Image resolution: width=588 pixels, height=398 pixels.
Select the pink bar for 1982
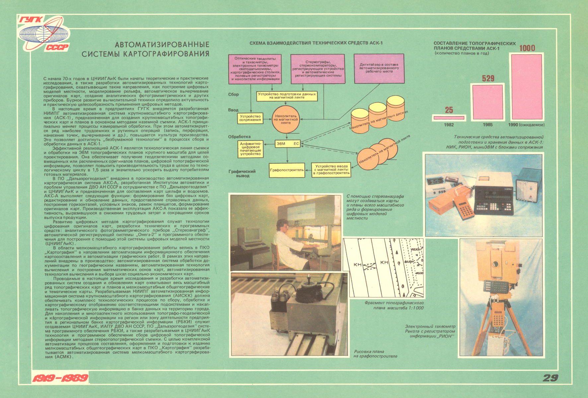pyautogui.click(x=449, y=118)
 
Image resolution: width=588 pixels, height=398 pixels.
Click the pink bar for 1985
pyautogui.click(x=487, y=102)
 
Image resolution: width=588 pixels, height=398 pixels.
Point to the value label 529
pyautogui.click(x=488, y=79)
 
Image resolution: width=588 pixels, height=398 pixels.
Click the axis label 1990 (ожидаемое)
pyautogui.click(x=526, y=125)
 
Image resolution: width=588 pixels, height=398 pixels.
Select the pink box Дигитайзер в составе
pyautogui.click(x=379, y=69)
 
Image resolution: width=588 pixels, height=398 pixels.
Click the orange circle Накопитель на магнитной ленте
pyautogui.click(x=286, y=119)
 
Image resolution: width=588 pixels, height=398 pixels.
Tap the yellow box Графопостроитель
pyautogui.click(x=287, y=170)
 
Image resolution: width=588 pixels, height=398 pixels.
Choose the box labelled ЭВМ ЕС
pyautogui.click(x=288, y=144)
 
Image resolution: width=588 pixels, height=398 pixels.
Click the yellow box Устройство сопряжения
pyautogui.click(x=250, y=118)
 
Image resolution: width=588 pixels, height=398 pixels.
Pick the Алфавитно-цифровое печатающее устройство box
pyautogui.click(x=251, y=149)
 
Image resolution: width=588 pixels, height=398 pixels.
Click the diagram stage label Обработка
pyautogui.click(x=239, y=137)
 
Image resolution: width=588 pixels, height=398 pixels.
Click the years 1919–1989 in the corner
pyautogui.click(x=60, y=378)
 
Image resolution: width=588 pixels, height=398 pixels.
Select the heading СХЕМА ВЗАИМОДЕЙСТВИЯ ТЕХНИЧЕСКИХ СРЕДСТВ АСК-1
pyautogui.click(x=316, y=43)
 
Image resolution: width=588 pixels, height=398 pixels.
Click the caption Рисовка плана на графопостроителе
pyautogui.click(x=375, y=354)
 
